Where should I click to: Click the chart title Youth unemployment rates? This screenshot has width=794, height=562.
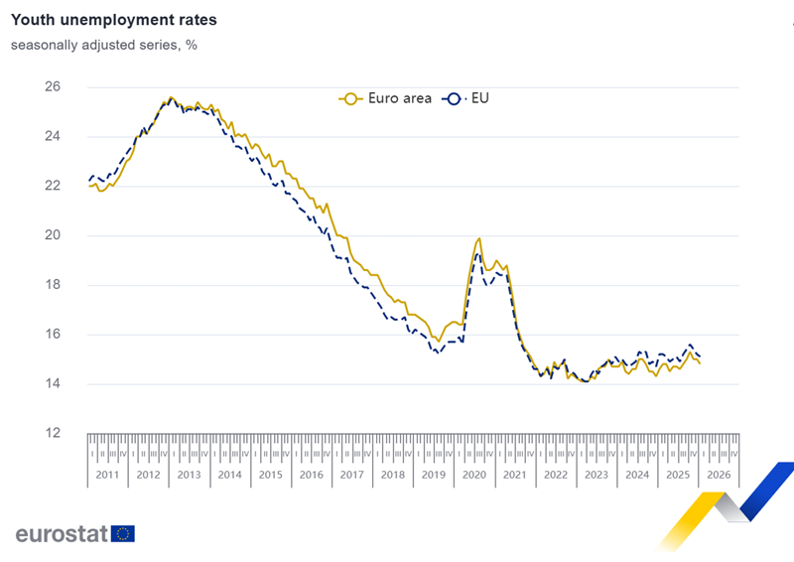[x=113, y=20]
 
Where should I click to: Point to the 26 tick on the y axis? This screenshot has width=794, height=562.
[x=53, y=87]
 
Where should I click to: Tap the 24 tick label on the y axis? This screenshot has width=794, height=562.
[x=53, y=137]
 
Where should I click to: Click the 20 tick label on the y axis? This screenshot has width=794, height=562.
[x=53, y=235]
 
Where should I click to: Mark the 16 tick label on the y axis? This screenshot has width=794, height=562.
[x=53, y=335]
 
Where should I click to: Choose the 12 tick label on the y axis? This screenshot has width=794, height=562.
[x=53, y=433]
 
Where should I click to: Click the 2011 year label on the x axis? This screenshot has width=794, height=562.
[x=108, y=475]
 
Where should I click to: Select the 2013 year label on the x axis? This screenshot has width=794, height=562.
[x=190, y=475]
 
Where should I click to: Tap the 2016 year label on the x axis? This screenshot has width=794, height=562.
[x=312, y=475]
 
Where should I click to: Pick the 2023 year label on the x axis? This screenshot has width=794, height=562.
[x=596, y=475]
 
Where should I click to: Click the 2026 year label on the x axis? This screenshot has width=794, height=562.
[x=719, y=475]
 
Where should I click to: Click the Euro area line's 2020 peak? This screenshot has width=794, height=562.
[x=479, y=238]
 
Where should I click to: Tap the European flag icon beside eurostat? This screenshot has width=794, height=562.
[x=123, y=533]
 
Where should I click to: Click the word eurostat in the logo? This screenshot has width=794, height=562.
[x=62, y=533]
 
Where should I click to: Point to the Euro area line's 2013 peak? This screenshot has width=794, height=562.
[x=171, y=97]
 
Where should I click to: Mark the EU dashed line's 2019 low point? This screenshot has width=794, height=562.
[x=437, y=352]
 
